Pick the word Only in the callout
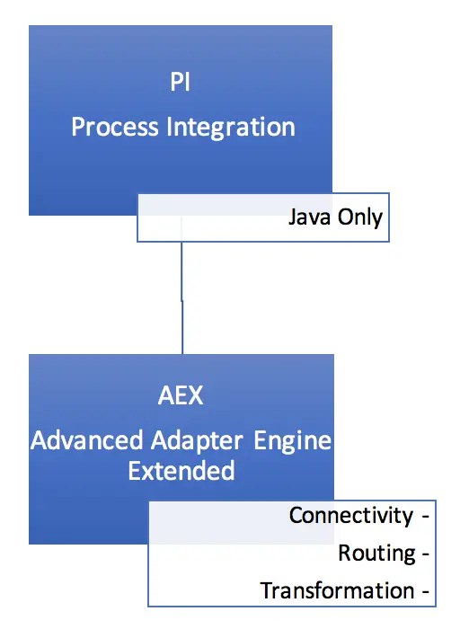click(359, 217)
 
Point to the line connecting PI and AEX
click(182, 297)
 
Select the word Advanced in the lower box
click(86, 441)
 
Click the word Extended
click(181, 471)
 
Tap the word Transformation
click(337, 590)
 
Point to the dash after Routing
click(423, 554)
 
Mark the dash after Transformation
click(423, 591)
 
